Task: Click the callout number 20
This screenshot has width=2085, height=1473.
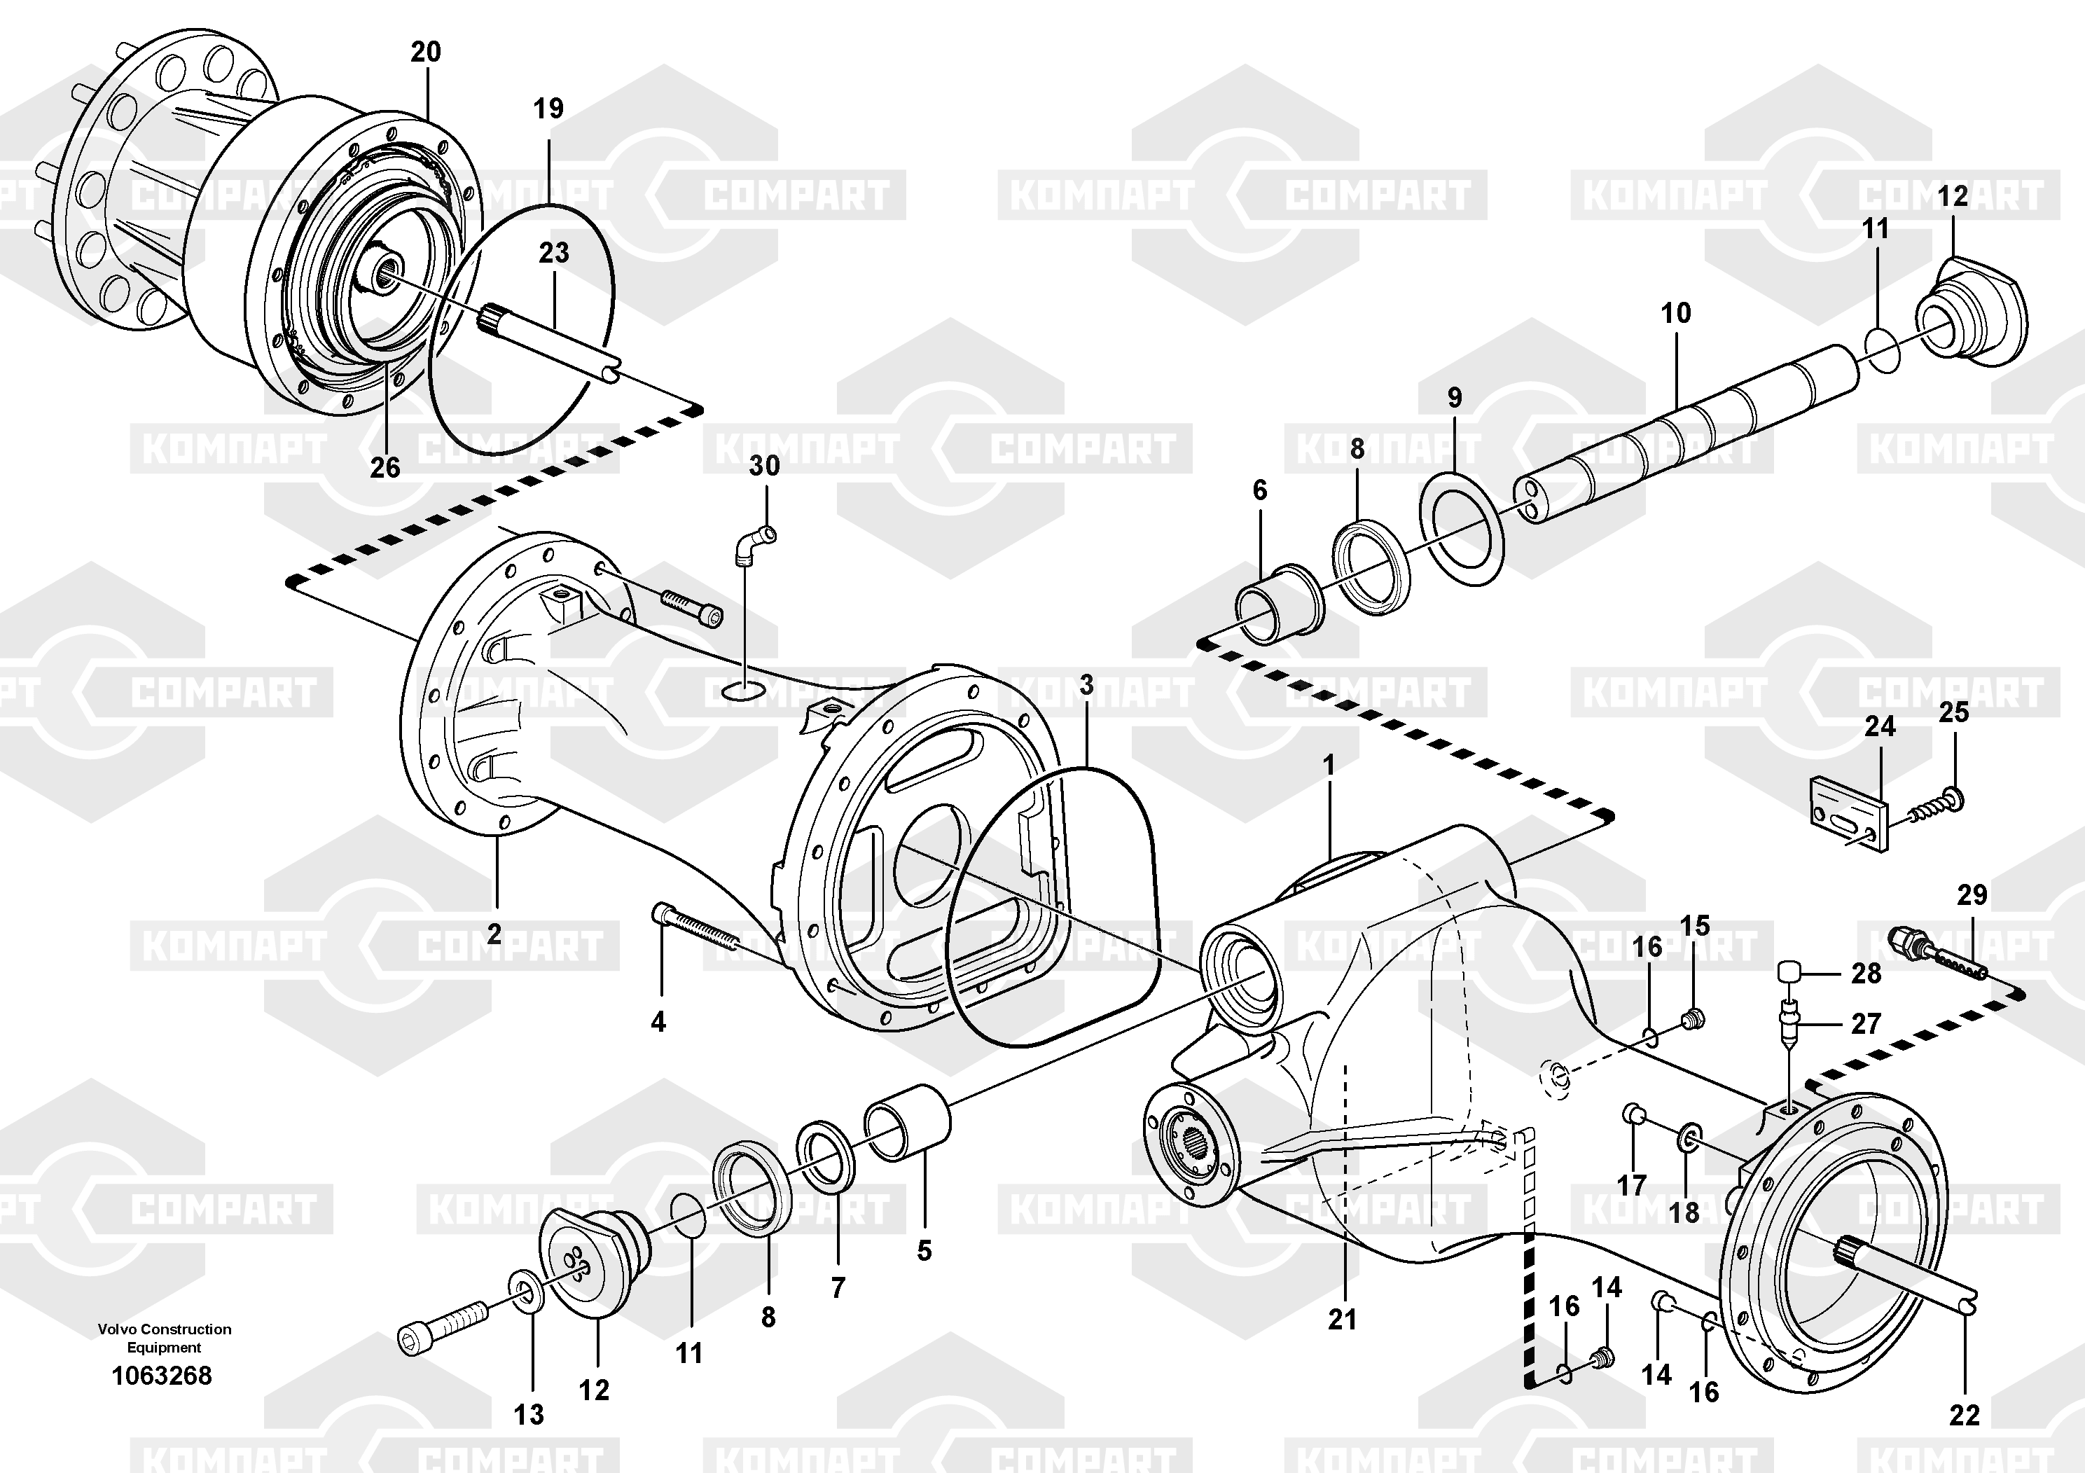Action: (x=425, y=52)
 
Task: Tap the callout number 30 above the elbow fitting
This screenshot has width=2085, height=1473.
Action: (x=763, y=466)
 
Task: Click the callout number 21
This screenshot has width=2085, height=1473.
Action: (x=1342, y=1319)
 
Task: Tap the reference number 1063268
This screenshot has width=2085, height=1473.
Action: (x=162, y=1376)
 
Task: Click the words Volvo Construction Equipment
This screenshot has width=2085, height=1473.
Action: (x=165, y=1338)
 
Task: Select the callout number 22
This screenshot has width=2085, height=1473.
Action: (x=1965, y=1414)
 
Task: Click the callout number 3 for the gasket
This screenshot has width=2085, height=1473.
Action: (x=1087, y=686)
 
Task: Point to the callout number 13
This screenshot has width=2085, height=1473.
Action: (x=529, y=1414)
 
